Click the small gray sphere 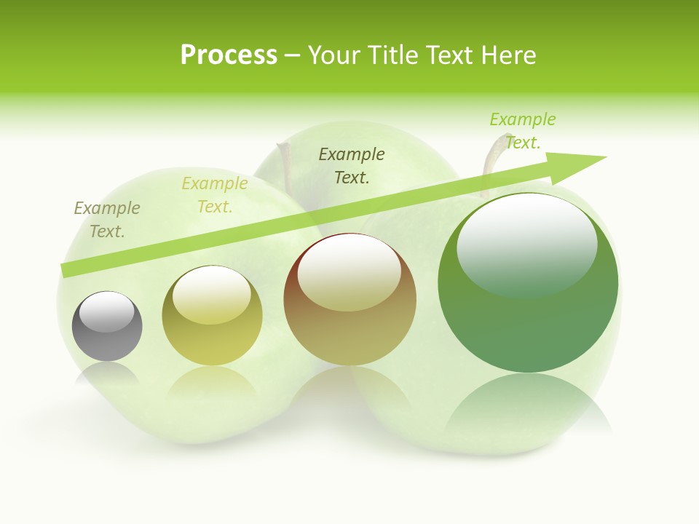(x=107, y=326)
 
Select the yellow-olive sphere (x=212, y=316)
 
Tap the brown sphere (x=350, y=300)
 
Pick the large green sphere (x=528, y=282)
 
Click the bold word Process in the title (x=229, y=55)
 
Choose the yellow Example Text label (x=215, y=195)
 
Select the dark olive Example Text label (x=352, y=165)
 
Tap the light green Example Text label (x=523, y=131)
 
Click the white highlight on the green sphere (x=527, y=244)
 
